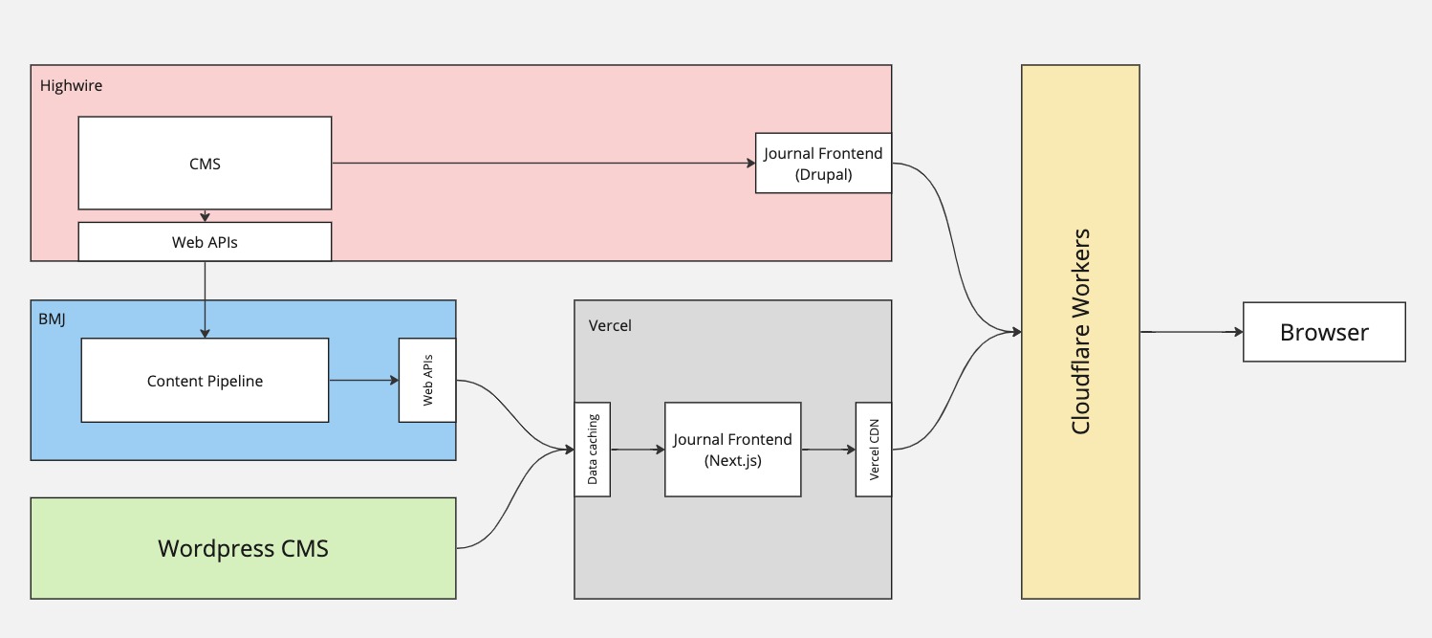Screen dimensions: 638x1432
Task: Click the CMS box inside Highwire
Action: [205, 164]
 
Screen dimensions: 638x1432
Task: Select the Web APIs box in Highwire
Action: [205, 242]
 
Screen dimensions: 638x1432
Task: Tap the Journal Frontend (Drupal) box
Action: [823, 164]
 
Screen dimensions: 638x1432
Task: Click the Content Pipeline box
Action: [205, 381]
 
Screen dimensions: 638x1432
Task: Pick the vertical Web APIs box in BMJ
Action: [427, 381]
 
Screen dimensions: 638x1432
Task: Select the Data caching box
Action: [592, 450]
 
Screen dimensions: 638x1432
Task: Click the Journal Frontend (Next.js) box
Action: [732, 450]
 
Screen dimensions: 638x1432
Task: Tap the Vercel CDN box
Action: [873, 450]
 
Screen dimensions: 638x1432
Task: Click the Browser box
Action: [1323, 333]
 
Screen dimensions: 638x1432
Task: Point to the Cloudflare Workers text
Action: [1080, 332]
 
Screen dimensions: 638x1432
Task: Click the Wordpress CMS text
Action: [243, 548]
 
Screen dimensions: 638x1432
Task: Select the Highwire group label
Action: [71, 85]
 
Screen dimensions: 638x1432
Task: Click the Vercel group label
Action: [610, 325]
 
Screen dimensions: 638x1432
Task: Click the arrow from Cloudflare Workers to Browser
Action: [1190, 333]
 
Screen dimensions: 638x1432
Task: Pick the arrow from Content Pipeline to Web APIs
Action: [363, 381]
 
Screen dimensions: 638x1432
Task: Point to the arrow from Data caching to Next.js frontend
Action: [637, 449]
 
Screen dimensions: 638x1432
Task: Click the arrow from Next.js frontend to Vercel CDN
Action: [828, 449]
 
